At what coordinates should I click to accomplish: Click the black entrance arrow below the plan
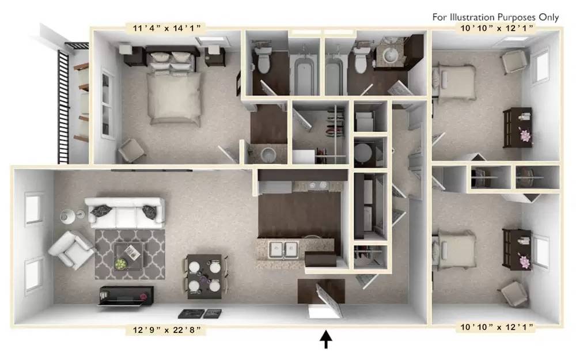pyautogui.click(x=326, y=340)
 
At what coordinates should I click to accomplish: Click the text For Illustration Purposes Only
pyautogui.click(x=495, y=17)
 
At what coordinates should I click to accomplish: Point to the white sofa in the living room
pyautogui.click(x=124, y=213)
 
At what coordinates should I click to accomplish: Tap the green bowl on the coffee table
pyautogui.click(x=121, y=263)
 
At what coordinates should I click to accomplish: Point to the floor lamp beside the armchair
pyautogui.click(x=66, y=216)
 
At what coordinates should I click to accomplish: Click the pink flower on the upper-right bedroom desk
pyautogui.click(x=525, y=135)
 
